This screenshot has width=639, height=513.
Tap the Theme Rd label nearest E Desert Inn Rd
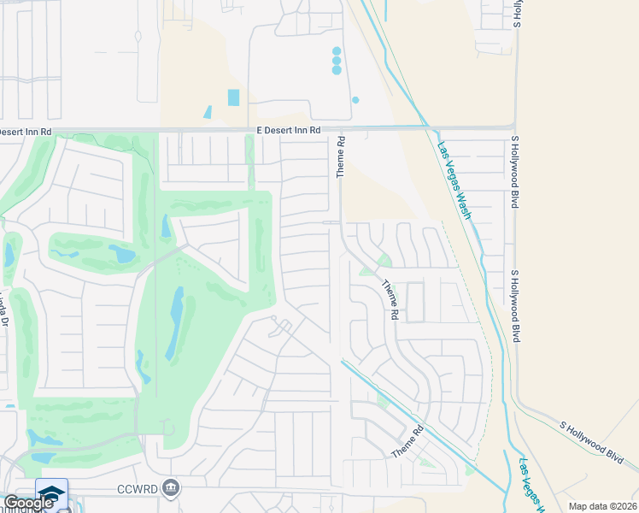click(340, 156)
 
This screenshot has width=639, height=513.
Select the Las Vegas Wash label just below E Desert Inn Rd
click(454, 180)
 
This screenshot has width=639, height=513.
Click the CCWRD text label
click(139, 490)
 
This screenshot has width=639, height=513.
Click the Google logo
click(28, 504)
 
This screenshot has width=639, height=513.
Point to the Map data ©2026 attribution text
click(603, 506)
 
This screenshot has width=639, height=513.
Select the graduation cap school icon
click(51, 492)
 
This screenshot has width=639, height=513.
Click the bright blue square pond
click(234, 97)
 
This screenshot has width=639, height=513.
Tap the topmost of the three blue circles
click(337, 51)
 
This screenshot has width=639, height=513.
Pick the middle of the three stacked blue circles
click(337, 61)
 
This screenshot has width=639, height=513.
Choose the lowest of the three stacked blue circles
click(337, 70)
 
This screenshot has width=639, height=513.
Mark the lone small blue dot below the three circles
click(355, 100)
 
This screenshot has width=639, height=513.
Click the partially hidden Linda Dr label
click(3, 310)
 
